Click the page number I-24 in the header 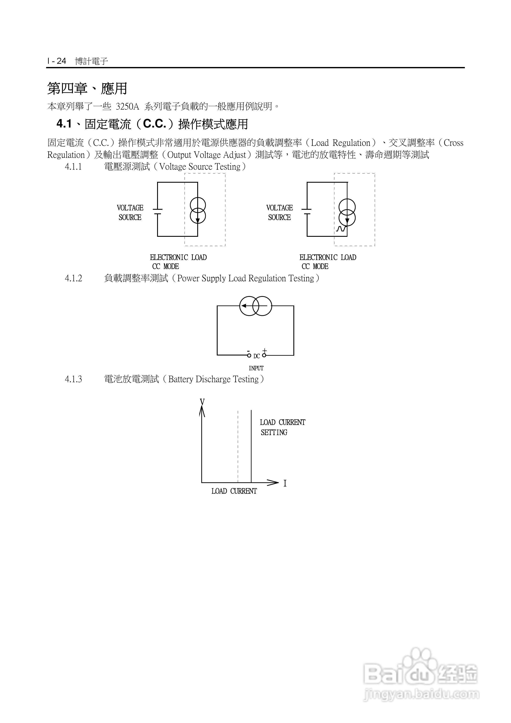click(57, 61)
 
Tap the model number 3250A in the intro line click(127, 107)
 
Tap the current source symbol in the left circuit click(198, 211)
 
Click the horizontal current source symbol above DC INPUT click(255, 306)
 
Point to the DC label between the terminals click(257, 356)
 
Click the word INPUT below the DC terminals click(256, 368)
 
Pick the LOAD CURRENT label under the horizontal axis click(234, 491)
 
